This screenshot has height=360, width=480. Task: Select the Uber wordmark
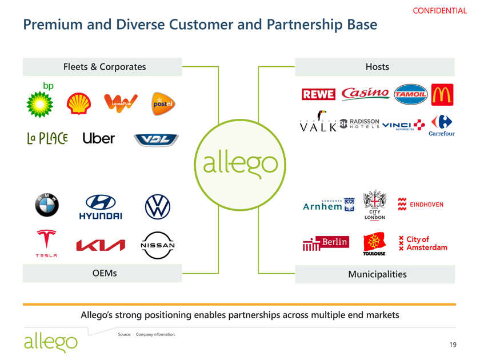[98, 138]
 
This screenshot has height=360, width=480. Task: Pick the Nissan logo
[157, 245]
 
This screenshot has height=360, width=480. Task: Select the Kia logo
[101, 245]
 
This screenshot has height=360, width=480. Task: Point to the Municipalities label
[377, 274]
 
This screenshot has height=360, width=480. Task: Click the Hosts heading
[377, 67]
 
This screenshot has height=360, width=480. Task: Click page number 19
[453, 344]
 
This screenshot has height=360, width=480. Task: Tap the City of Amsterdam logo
[422, 243]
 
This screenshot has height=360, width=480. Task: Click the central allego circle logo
[239, 162]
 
